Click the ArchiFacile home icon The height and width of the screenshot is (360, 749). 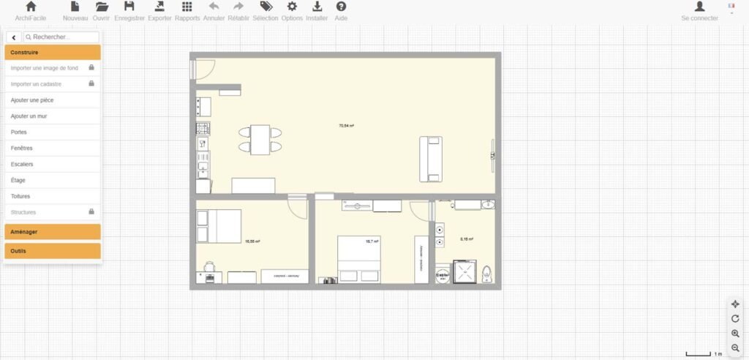(31, 7)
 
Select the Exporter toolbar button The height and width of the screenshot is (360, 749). (159, 7)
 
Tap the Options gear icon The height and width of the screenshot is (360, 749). (292, 7)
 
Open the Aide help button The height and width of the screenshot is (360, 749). (341, 7)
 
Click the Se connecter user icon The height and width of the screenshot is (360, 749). (699, 7)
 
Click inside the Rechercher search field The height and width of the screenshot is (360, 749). (61, 37)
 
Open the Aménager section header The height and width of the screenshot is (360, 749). (52, 232)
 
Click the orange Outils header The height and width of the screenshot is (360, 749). (52, 251)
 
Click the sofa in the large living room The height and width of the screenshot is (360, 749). (430, 159)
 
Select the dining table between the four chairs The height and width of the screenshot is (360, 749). (260, 139)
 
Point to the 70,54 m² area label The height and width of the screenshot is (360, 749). (346, 126)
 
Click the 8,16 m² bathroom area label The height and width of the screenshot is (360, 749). (466, 239)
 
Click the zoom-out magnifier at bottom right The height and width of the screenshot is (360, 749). (735, 348)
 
